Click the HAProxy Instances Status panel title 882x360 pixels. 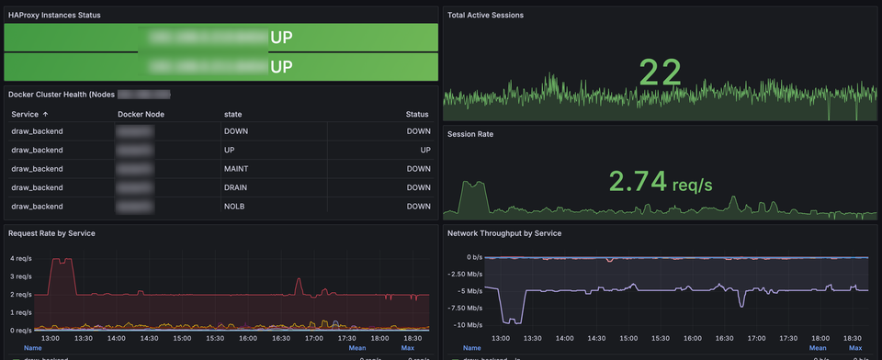pyautogui.click(x=54, y=16)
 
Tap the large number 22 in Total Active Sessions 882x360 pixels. pyautogui.click(x=661, y=73)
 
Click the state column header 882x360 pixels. pyautogui.click(x=232, y=114)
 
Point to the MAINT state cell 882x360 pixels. pyautogui.click(x=237, y=169)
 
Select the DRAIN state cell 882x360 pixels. pyautogui.click(x=237, y=187)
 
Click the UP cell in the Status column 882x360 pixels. pyautogui.click(x=425, y=150)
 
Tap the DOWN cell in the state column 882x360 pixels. pyautogui.click(x=237, y=131)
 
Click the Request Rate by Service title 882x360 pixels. pyautogui.click(x=51, y=233)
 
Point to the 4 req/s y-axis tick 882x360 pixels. pyautogui.click(x=19, y=259)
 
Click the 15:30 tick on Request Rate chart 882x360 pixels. pyautogui.click(x=214, y=338)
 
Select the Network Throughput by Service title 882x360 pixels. pyautogui.click(x=504, y=233)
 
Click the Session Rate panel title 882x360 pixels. pyautogui.click(x=470, y=134)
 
